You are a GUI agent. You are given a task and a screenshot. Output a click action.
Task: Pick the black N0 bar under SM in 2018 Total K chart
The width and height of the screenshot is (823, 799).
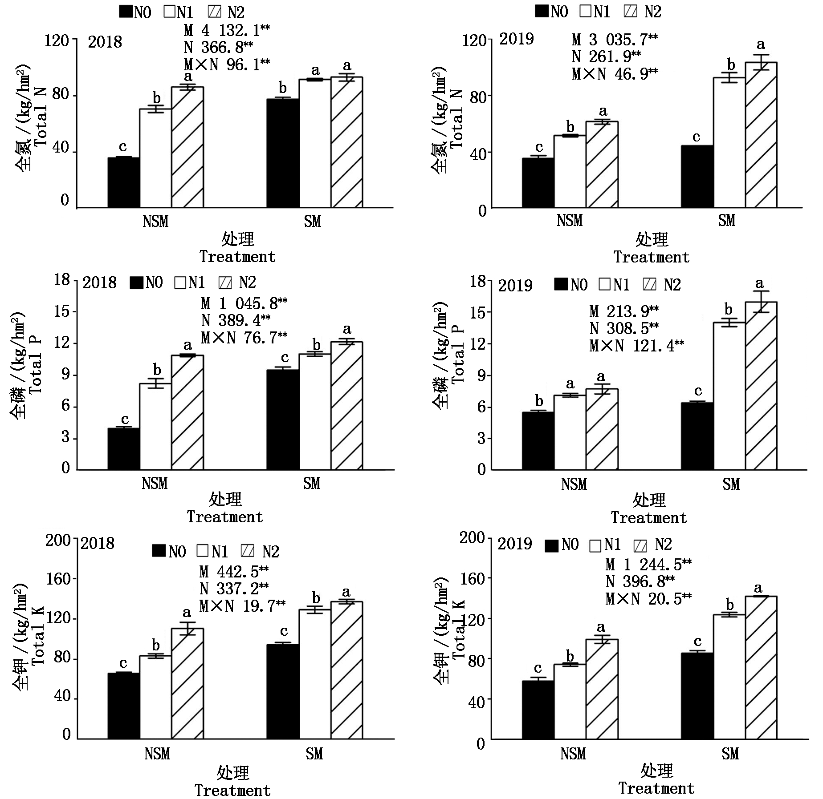pos(283,691)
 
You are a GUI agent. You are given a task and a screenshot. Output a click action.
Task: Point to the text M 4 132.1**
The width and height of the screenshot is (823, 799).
pos(227,30)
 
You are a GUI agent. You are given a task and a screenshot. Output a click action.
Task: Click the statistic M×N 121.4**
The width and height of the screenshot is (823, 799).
pos(636,345)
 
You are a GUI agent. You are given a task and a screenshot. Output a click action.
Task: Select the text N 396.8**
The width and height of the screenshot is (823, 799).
pos(640,581)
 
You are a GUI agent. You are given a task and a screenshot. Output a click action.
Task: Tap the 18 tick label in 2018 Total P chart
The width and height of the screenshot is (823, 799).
pos(62,280)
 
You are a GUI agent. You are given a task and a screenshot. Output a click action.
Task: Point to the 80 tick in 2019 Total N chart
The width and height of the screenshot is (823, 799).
pos(478,97)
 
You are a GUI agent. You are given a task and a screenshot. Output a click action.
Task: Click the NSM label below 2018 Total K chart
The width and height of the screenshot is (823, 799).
pos(157,754)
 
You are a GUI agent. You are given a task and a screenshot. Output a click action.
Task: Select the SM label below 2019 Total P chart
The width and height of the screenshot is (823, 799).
pos(731,484)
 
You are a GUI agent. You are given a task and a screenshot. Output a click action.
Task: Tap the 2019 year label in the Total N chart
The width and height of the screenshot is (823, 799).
pos(516,39)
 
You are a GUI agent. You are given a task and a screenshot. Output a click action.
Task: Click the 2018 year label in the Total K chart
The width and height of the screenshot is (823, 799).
pos(98,543)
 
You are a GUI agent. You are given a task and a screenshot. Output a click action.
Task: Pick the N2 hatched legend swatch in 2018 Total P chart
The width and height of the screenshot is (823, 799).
pos(225,283)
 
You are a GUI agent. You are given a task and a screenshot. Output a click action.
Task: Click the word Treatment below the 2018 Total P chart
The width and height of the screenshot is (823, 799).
pos(225,517)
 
